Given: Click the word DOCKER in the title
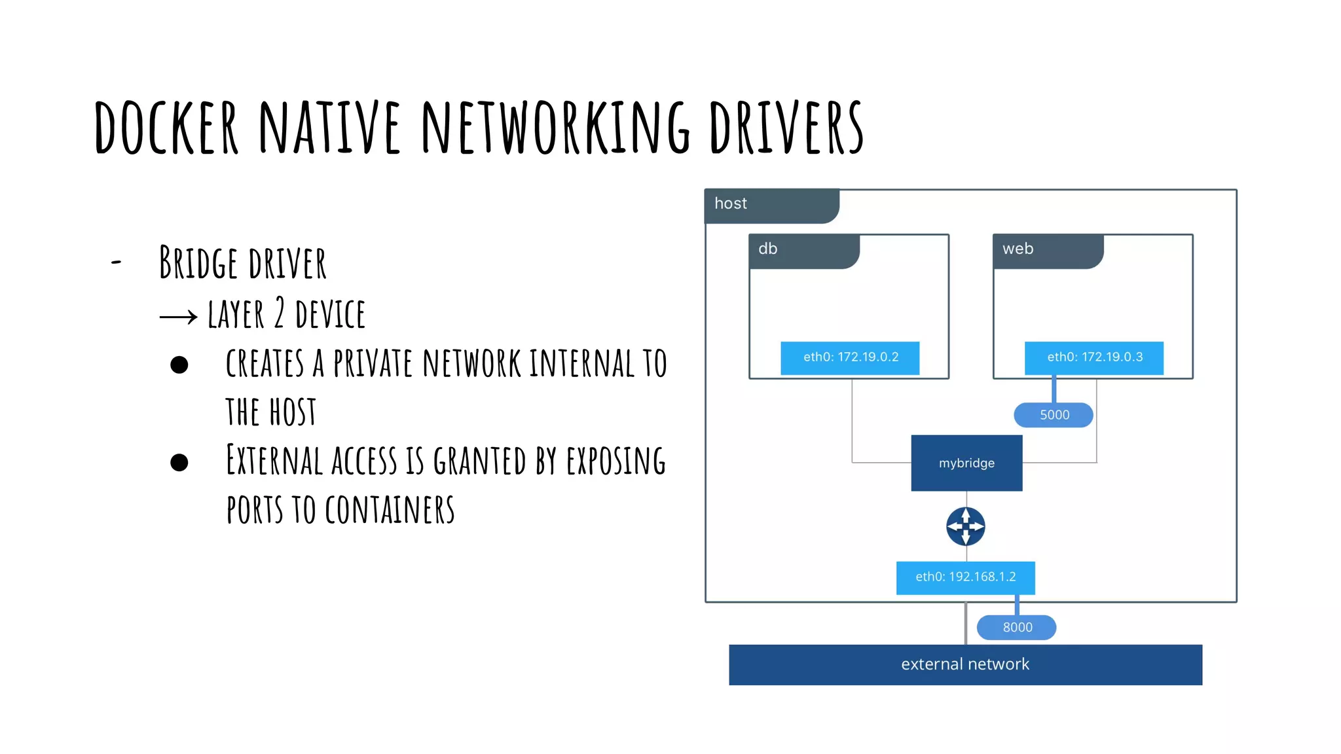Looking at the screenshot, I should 166,128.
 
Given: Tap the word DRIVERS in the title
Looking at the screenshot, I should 786,128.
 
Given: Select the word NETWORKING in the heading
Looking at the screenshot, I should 555,128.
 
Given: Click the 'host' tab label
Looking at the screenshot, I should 731,204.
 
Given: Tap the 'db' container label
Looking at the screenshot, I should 767,249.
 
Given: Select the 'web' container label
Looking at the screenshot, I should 1018,249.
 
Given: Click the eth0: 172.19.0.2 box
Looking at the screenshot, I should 850,357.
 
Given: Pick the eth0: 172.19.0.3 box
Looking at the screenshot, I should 1094,357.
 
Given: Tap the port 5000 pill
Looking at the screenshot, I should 1054,415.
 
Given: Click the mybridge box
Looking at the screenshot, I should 966,463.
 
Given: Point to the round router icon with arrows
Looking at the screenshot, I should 966,526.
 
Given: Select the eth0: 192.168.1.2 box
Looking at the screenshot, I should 965,577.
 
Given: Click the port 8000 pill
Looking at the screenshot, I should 1016,627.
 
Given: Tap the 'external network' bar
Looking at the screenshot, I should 965,664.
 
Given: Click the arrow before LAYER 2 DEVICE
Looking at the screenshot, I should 178,317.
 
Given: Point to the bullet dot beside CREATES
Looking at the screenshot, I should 179,365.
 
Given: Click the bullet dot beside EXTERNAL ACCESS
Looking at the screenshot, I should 179,463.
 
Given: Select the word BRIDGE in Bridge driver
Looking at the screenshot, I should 198,263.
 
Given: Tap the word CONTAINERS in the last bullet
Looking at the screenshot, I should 390,511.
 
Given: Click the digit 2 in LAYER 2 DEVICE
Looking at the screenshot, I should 280,314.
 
